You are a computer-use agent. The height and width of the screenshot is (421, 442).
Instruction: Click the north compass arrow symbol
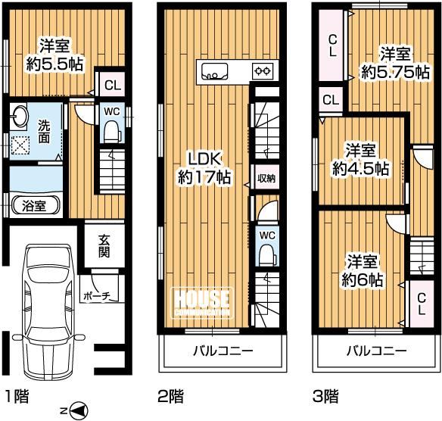[79, 410]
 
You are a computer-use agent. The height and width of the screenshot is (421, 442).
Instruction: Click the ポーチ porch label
[97, 296]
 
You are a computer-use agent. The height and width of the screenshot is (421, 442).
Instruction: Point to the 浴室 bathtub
[35, 206]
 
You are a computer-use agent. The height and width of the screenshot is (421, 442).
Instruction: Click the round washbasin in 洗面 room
[19, 116]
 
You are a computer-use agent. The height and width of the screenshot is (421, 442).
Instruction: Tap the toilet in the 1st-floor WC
[112, 132]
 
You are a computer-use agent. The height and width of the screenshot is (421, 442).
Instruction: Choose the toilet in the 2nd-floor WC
[267, 254]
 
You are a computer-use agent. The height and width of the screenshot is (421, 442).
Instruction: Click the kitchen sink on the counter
[214, 72]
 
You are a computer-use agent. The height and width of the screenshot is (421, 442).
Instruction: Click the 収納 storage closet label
[266, 179]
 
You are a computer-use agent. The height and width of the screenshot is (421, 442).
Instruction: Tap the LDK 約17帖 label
[204, 168]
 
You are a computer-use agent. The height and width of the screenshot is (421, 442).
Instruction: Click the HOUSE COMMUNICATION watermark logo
[203, 303]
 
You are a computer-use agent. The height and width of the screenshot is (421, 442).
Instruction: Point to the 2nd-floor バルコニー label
[223, 351]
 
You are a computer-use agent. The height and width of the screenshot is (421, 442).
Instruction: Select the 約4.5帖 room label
[361, 168]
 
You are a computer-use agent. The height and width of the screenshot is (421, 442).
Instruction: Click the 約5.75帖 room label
[396, 72]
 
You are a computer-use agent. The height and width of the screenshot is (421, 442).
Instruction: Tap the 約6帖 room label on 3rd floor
[363, 279]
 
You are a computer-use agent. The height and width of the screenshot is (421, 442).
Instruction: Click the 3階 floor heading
[326, 396]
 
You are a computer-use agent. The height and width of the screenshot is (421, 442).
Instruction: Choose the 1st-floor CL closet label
[113, 85]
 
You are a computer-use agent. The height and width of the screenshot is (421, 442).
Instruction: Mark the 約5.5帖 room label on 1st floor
[54, 64]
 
